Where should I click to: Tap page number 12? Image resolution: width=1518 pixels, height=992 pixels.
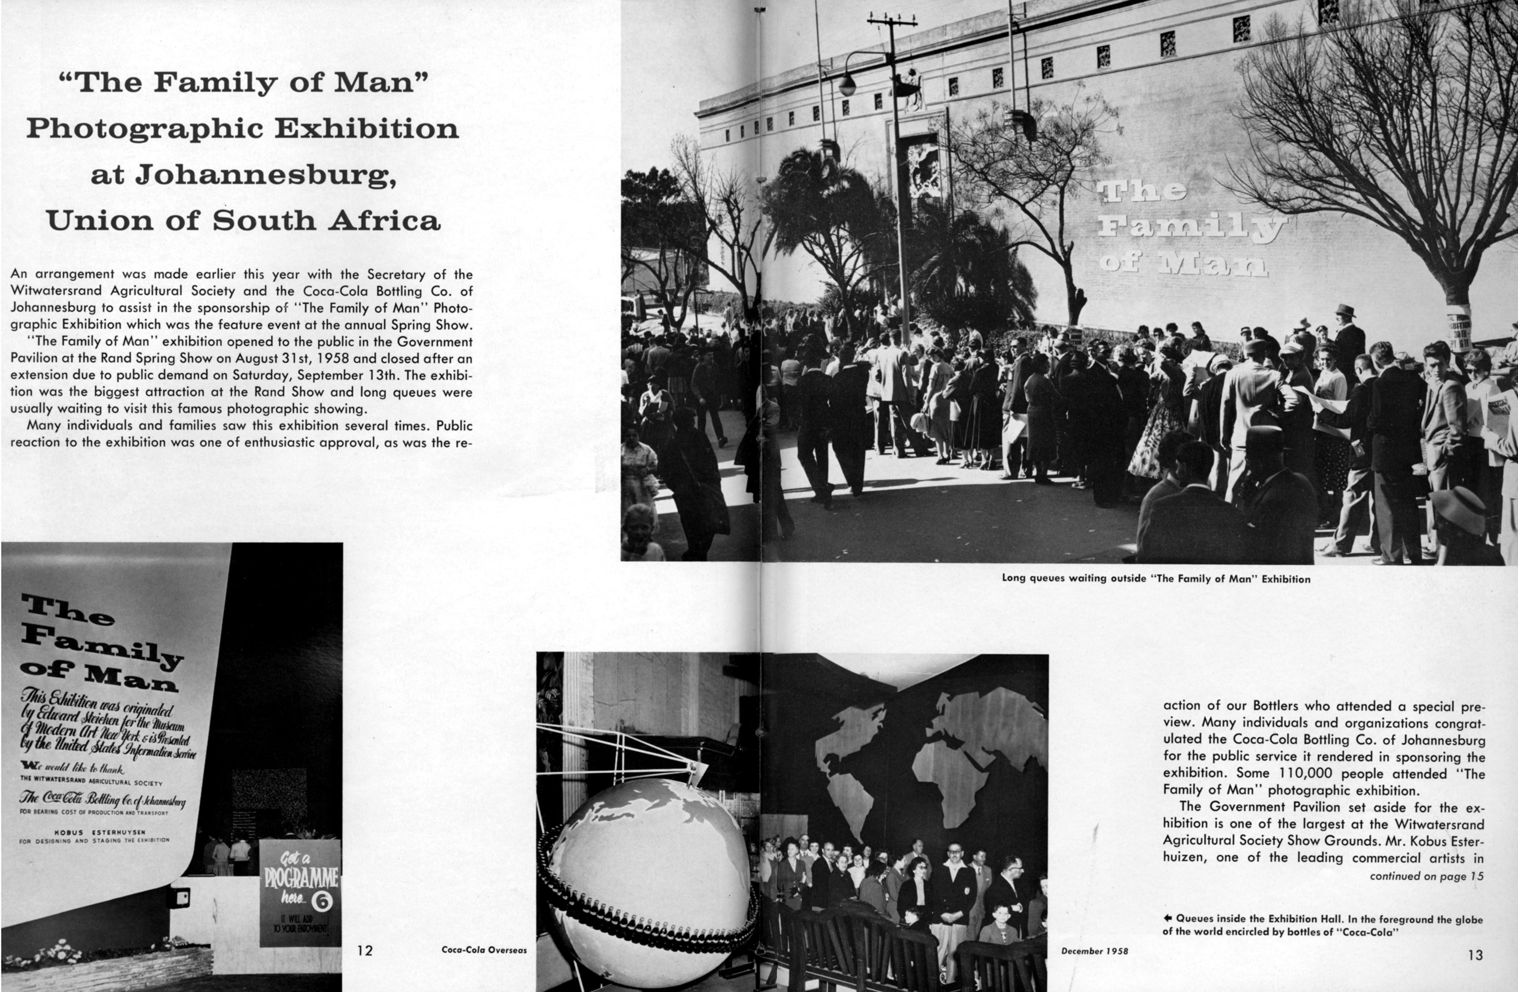[x=365, y=951]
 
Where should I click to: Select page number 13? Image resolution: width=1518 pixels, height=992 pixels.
[x=1475, y=955]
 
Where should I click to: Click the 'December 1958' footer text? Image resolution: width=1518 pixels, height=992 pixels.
[x=1094, y=951]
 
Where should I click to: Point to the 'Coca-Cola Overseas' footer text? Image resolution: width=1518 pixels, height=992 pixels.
[x=484, y=950]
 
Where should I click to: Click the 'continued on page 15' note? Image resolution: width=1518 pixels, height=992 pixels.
[x=1426, y=876]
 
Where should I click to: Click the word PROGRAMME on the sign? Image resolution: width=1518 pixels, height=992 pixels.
[x=301, y=879]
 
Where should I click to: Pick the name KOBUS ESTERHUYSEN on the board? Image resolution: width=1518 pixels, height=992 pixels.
[x=100, y=832]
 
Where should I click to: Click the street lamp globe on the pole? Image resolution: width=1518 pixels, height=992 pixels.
[x=847, y=84]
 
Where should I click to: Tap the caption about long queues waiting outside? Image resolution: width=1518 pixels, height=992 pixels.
[x=1156, y=579]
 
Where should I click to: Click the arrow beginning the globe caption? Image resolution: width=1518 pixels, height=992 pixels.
[x=1168, y=918]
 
